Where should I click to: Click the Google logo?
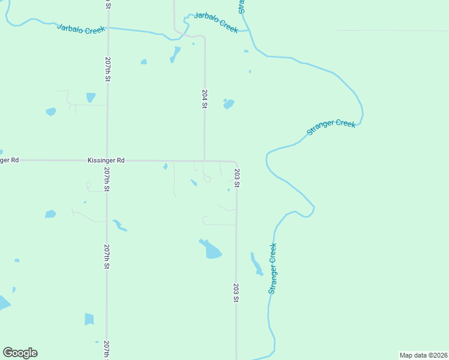coord(20,352)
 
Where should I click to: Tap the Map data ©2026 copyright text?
coord(423,355)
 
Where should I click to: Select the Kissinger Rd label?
coord(106,160)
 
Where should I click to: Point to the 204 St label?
coord(205,98)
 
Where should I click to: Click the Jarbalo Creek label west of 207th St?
coord(81,28)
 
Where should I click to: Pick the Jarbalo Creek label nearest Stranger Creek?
coord(216,23)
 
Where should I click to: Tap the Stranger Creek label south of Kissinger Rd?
coord(273,268)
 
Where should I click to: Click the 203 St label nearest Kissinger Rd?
coord(237,179)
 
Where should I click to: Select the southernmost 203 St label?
coord(237,292)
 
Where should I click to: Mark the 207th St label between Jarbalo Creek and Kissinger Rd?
coord(107,70)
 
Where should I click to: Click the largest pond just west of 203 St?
coord(211,248)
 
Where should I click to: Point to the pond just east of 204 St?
coord(228,104)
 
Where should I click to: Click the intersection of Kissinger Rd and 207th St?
coord(107,160)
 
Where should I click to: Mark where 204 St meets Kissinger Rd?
coord(205,160)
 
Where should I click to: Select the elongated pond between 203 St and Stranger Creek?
coord(256,264)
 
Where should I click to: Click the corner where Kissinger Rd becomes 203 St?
coord(235,162)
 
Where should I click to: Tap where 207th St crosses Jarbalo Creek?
coord(107,28)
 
